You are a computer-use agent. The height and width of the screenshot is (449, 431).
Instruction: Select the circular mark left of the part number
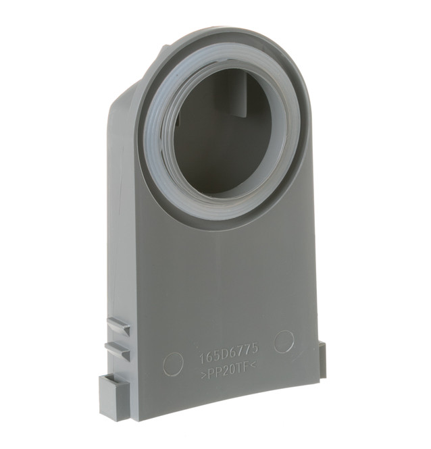pyautogui.click(x=173, y=365)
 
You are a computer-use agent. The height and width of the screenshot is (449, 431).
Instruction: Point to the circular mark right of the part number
pyautogui.click(x=284, y=341)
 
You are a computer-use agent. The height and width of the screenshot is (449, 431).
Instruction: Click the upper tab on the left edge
pyautogui.click(x=118, y=327)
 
